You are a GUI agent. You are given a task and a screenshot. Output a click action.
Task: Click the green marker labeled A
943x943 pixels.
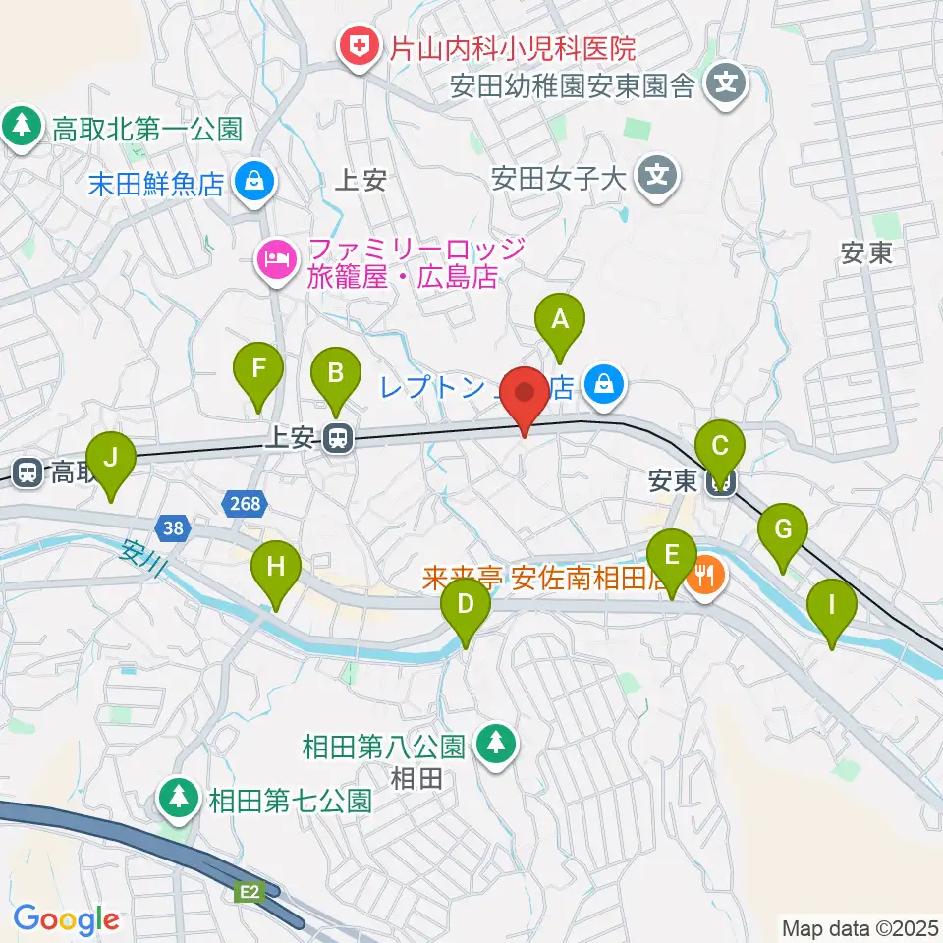tap(560, 320)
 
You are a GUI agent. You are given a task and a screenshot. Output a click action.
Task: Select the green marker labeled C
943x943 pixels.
tap(720, 448)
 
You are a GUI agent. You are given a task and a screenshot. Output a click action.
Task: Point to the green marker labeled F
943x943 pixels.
tap(258, 371)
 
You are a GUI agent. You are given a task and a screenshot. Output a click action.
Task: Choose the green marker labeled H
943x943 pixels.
tap(276, 569)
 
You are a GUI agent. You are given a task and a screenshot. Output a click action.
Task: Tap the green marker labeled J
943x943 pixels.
tap(110, 459)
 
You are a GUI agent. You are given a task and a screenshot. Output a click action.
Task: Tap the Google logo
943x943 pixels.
tap(67, 919)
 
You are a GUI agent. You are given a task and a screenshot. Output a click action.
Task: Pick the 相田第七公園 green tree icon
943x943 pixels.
tap(179, 798)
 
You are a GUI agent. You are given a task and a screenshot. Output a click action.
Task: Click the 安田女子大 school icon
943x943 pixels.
tap(655, 177)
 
